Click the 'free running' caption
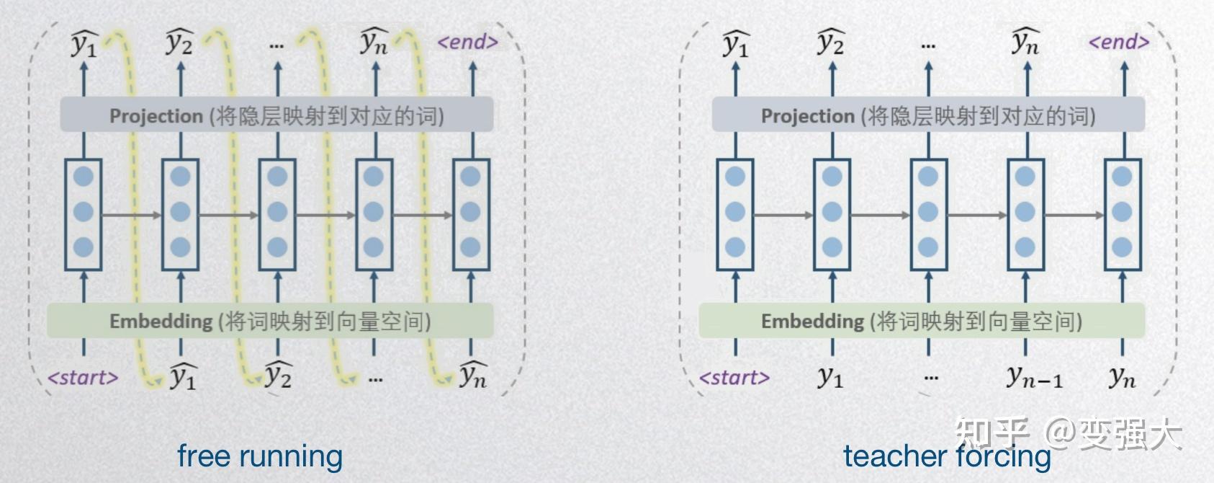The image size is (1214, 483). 260,456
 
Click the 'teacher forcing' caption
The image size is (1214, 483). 947,456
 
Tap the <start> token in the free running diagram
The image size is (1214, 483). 83,378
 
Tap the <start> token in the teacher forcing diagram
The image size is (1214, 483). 734,378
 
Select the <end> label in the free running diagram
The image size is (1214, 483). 468,42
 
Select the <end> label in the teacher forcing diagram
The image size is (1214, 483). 1119,42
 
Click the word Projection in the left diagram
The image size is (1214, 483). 156,116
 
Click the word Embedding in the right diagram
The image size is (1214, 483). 812,322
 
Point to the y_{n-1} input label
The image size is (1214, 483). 1034,376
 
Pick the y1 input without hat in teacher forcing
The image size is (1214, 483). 830,376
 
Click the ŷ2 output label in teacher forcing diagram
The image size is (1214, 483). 831,43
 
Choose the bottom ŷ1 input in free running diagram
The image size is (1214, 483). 183,376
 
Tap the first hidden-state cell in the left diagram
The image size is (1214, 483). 84,214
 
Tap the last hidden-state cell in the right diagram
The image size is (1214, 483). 1122,214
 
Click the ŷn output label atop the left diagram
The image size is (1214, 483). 374,43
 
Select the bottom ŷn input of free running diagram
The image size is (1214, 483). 473,375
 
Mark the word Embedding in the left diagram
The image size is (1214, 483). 161,322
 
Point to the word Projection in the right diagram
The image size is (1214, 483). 808,116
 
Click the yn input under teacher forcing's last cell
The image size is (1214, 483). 1122,376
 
